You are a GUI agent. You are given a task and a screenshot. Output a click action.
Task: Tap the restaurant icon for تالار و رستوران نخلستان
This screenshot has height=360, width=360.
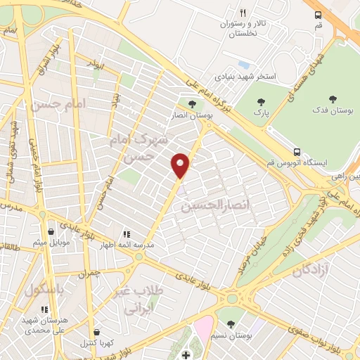[x=243, y=13]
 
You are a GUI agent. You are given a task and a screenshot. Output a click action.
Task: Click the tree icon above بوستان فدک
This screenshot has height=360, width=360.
[x=333, y=99]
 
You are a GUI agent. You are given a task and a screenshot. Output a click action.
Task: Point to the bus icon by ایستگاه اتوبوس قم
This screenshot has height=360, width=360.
[x=297, y=151]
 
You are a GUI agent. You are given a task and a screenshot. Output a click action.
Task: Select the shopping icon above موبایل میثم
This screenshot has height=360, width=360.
[x=51, y=231]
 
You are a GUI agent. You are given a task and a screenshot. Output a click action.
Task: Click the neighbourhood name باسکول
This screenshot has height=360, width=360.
[x=44, y=289]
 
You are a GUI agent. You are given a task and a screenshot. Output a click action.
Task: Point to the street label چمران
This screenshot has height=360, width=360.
[x=90, y=271]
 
